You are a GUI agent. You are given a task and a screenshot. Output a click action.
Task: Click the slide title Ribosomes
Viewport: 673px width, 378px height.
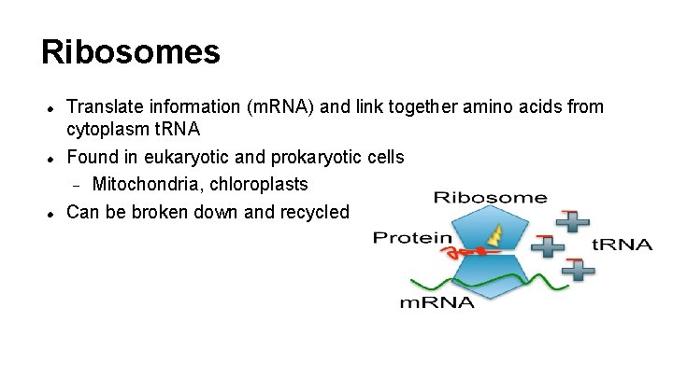(131, 51)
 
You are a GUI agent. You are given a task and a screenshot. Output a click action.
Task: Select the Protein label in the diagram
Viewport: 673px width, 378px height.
(411, 238)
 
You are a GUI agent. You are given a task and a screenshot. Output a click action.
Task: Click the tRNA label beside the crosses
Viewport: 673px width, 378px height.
(623, 245)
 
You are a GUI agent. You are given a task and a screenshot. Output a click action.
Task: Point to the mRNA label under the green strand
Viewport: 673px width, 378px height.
(437, 301)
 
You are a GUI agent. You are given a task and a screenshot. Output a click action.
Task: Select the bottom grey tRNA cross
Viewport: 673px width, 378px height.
(579, 269)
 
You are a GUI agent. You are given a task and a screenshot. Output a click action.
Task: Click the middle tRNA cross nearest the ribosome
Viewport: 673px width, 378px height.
(548, 246)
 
